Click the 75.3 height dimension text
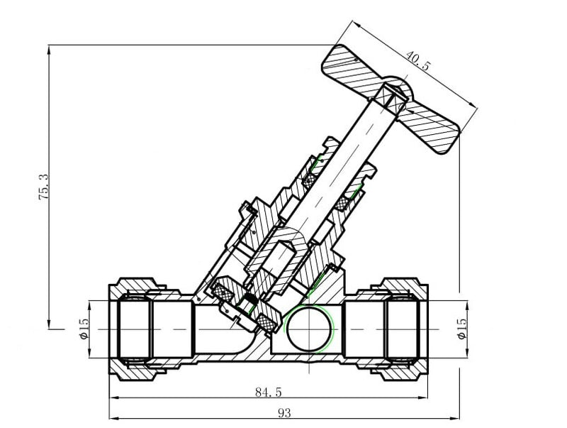(x=44, y=187)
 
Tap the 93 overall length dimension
(x=283, y=412)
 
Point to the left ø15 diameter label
(x=83, y=328)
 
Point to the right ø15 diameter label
(x=462, y=328)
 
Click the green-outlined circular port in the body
(x=309, y=329)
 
